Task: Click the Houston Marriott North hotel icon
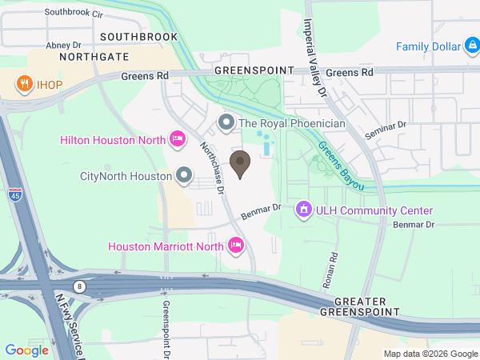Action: point(236,246)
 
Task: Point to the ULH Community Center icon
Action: point(303,210)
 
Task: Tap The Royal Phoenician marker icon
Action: point(226,123)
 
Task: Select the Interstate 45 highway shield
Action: point(15,194)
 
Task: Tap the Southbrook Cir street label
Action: point(74,14)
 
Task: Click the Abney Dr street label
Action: point(64,46)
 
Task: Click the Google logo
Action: point(26,350)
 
